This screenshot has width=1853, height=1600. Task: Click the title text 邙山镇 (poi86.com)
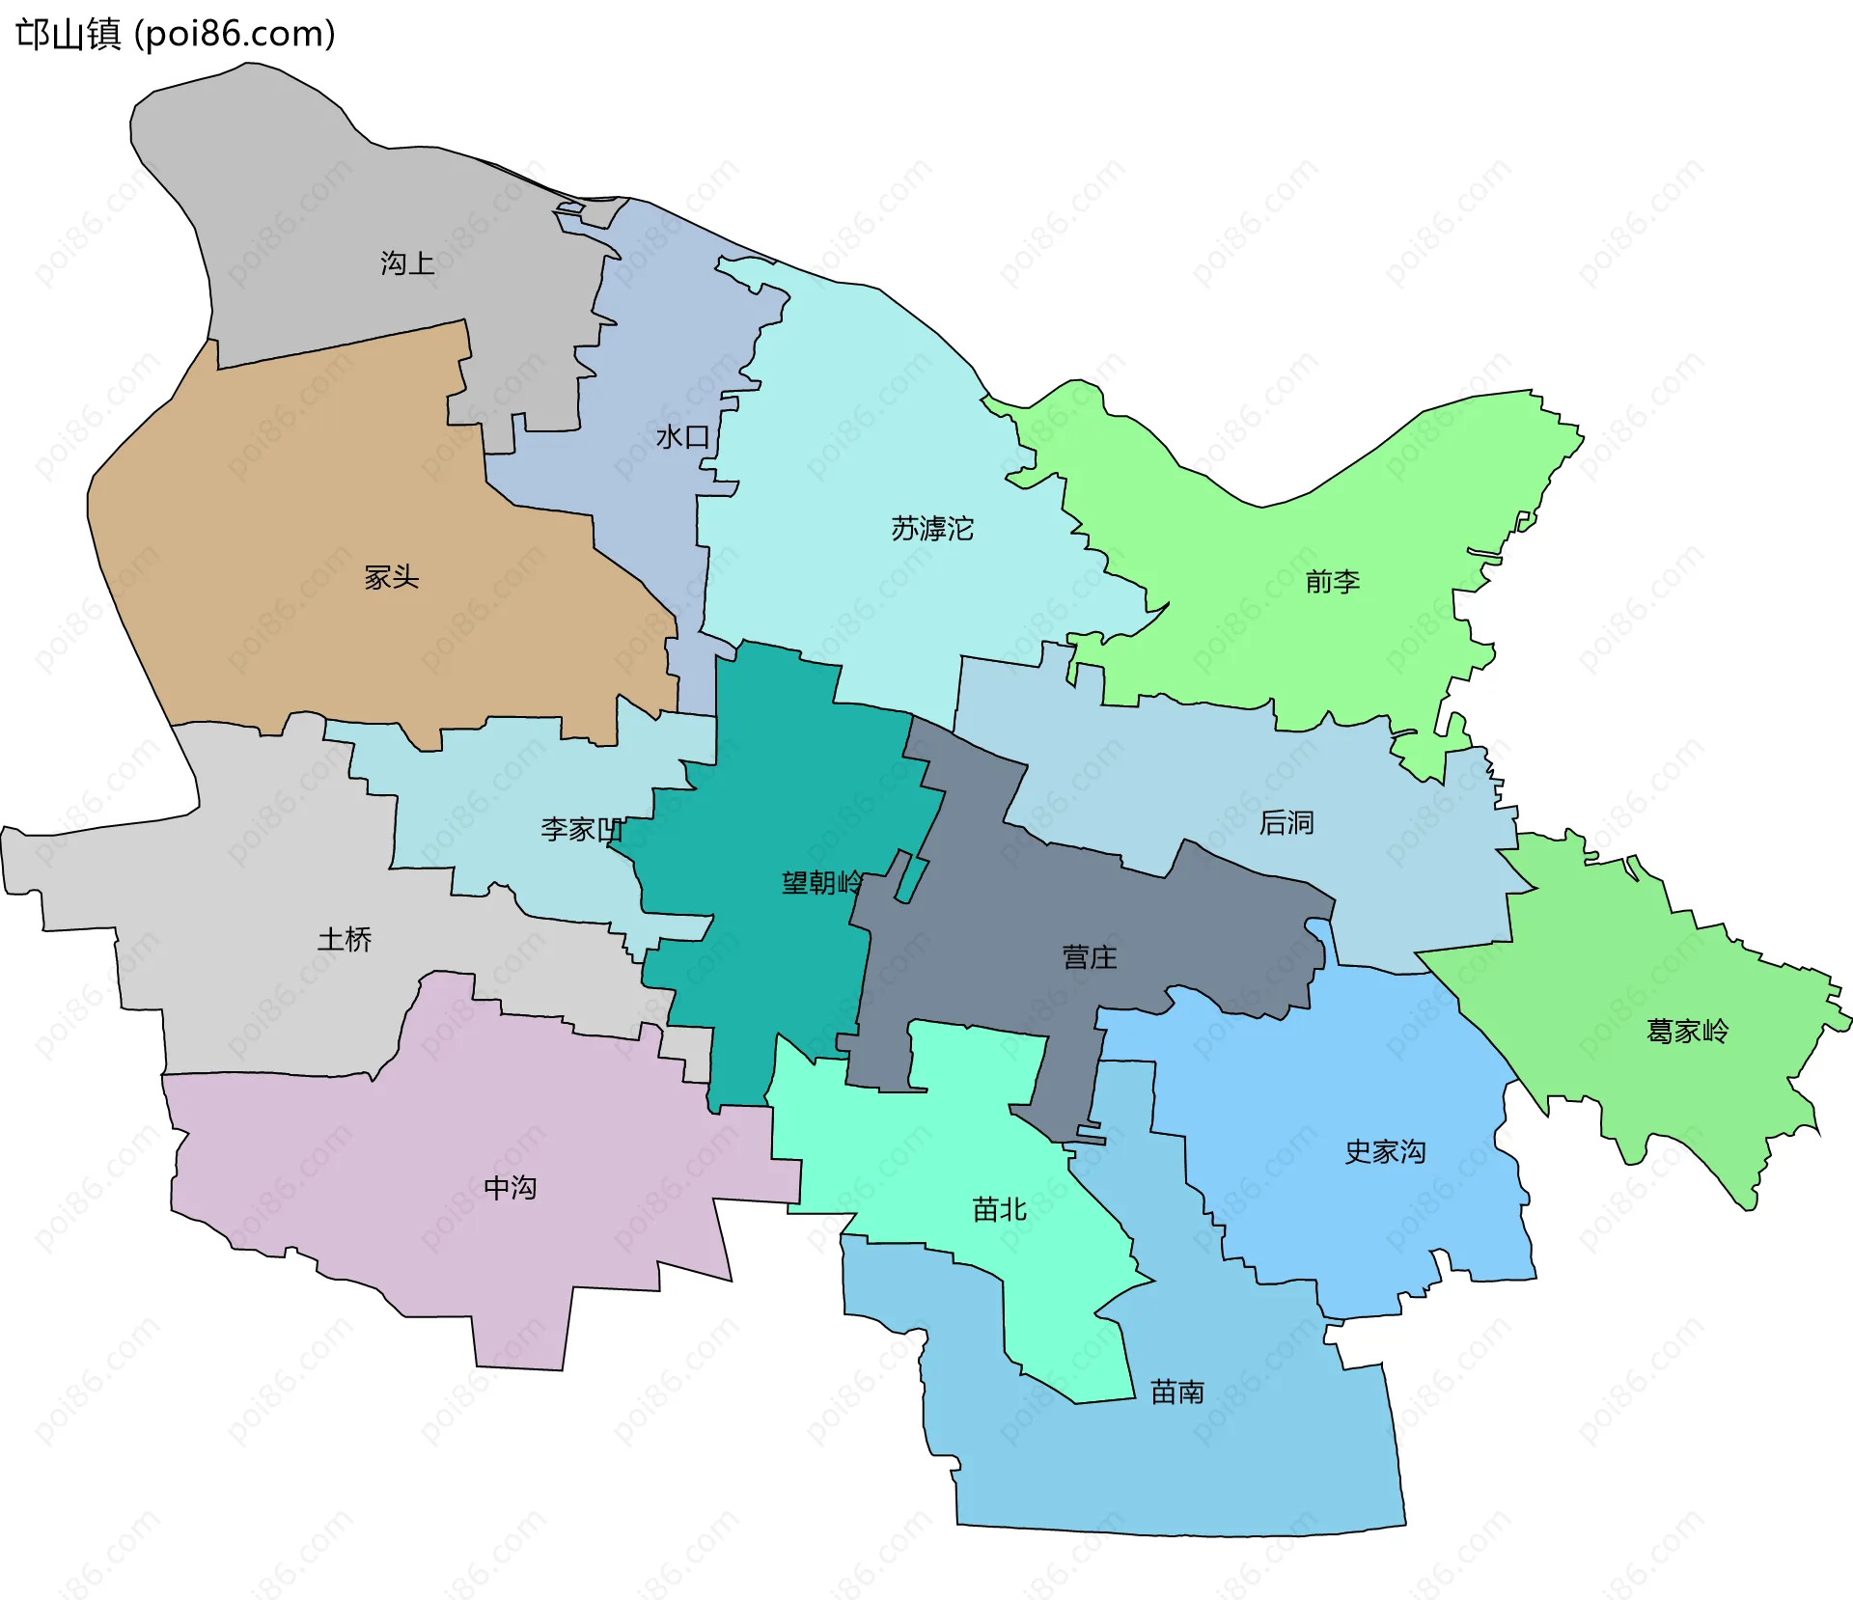pos(176,34)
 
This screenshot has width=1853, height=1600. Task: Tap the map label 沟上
pos(407,262)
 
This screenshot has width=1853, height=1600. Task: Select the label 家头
pos(391,577)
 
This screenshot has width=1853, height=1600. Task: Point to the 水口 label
pos(682,437)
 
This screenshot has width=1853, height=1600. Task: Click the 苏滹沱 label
pos(931,529)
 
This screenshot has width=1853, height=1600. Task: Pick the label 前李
pos(1332,581)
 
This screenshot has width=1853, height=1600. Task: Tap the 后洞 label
pos(1286,822)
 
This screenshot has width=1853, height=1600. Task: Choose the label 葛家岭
pos(1687,1031)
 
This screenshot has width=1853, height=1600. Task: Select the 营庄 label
pos(1090,956)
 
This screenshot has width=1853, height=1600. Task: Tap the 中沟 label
pos(510,1187)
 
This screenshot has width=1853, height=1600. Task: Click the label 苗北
pos(999,1209)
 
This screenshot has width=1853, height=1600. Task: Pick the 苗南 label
pos(1177,1392)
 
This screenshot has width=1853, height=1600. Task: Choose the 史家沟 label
pos(1385,1151)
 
